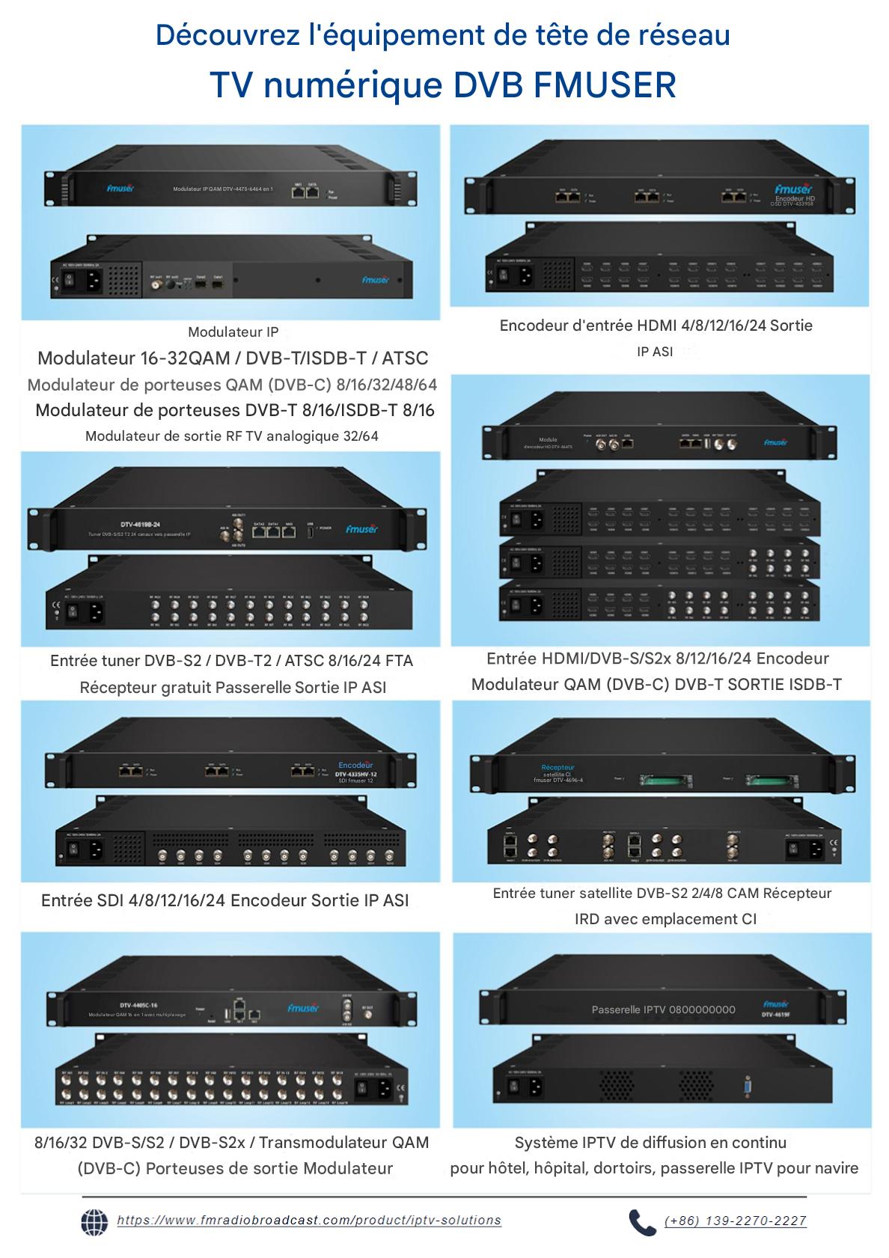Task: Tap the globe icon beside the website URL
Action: click(x=94, y=1221)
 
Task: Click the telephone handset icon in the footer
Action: click(x=641, y=1222)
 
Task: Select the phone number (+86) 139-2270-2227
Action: click(x=736, y=1221)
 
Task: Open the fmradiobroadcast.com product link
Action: click(x=309, y=1221)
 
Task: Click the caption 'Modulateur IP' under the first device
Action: click(x=233, y=332)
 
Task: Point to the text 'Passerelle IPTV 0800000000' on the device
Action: click(x=663, y=1010)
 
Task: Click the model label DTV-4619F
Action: click(x=778, y=1016)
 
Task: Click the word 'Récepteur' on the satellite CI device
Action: click(x=557, y=768)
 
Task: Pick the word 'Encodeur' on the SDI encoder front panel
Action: click(x=355, y=766)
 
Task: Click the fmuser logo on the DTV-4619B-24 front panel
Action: click(x=362, y=529)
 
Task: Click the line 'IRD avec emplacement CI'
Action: click(x=665, y=919)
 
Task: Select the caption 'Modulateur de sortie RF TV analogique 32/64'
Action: click(x=232, y=436)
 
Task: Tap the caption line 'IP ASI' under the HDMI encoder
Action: click(x=655, y=351)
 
